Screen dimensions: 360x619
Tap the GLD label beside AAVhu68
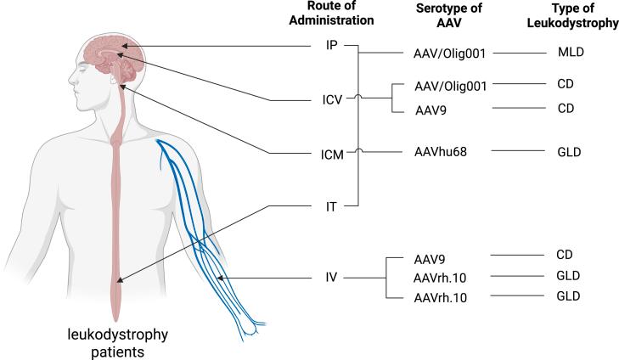pos(571,153)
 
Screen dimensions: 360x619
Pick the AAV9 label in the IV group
pos(429,257)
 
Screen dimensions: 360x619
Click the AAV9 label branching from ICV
pos(429,110)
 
